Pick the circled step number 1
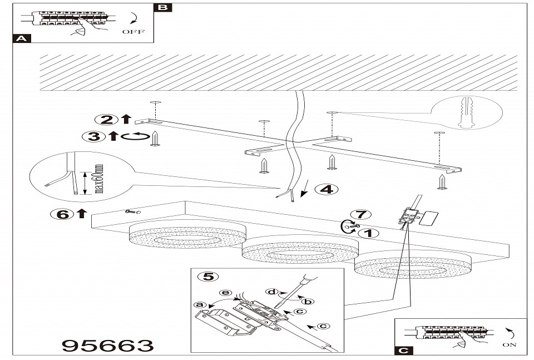(367, 233)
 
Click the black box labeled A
(21, 39)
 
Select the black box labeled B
(162, 7)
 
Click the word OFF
(132, 32)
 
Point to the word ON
(510, 344)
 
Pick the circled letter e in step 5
(225, 292)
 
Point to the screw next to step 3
(156, 139)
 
